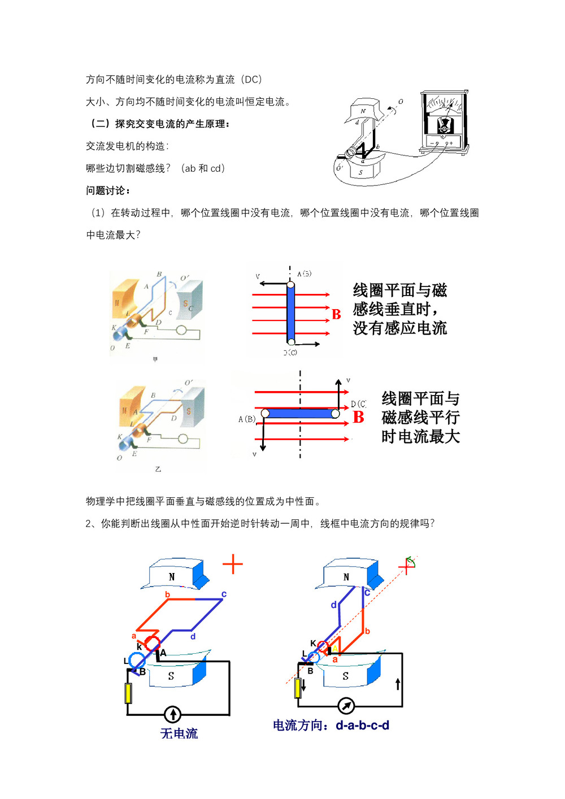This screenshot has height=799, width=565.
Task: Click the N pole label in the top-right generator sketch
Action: (363, 111)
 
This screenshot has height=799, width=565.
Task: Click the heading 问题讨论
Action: (107, 190)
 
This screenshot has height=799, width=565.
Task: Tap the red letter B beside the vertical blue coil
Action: (336, 314)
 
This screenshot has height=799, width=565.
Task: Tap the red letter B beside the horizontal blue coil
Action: (358, 417)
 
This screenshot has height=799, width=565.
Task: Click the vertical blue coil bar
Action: (290, 312)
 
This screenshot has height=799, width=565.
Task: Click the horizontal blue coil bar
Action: (300, 414)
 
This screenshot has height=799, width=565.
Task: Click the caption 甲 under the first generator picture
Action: (155, 359)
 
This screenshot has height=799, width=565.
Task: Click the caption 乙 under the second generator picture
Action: (158, 469)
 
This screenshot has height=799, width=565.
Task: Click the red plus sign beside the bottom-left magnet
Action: (232, 564)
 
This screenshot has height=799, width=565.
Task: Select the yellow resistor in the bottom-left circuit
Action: (128, 693)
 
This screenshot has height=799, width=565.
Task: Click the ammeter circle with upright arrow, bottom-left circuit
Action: (172, 714)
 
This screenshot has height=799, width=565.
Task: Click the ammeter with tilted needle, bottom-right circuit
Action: (346, 706)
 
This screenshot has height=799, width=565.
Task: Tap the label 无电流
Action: (179, 733)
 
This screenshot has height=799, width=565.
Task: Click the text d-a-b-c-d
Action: (362, 725)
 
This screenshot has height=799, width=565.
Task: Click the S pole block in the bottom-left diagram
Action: (171, 675)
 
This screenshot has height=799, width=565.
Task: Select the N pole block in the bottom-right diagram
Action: (346, 576)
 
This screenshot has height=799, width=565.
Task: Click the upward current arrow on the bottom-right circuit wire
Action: (398, 684)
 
